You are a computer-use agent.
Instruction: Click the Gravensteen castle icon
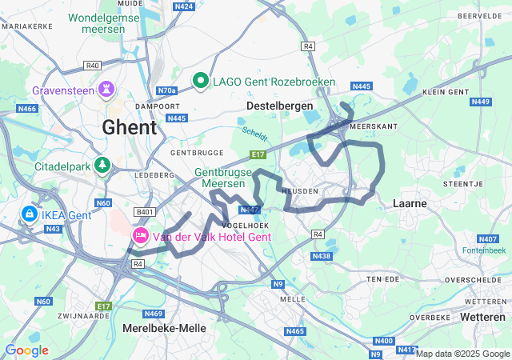click(106, 89)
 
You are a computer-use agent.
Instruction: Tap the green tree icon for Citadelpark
click(102, 166)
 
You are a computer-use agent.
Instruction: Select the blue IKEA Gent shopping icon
click(29, 214)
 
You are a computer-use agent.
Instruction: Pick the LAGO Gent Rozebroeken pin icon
click(201, 81)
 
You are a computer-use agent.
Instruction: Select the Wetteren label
click(482, 318)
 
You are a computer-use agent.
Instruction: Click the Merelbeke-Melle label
click(164, 328)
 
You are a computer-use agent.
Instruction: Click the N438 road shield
click(321, 256)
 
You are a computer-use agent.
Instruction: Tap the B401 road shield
click(145, 211)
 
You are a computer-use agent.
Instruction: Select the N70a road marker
click(166, 91)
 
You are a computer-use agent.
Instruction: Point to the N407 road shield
click(487, 239)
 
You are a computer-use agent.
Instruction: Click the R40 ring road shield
click(93, 65)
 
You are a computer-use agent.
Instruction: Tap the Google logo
click(26, 350)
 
